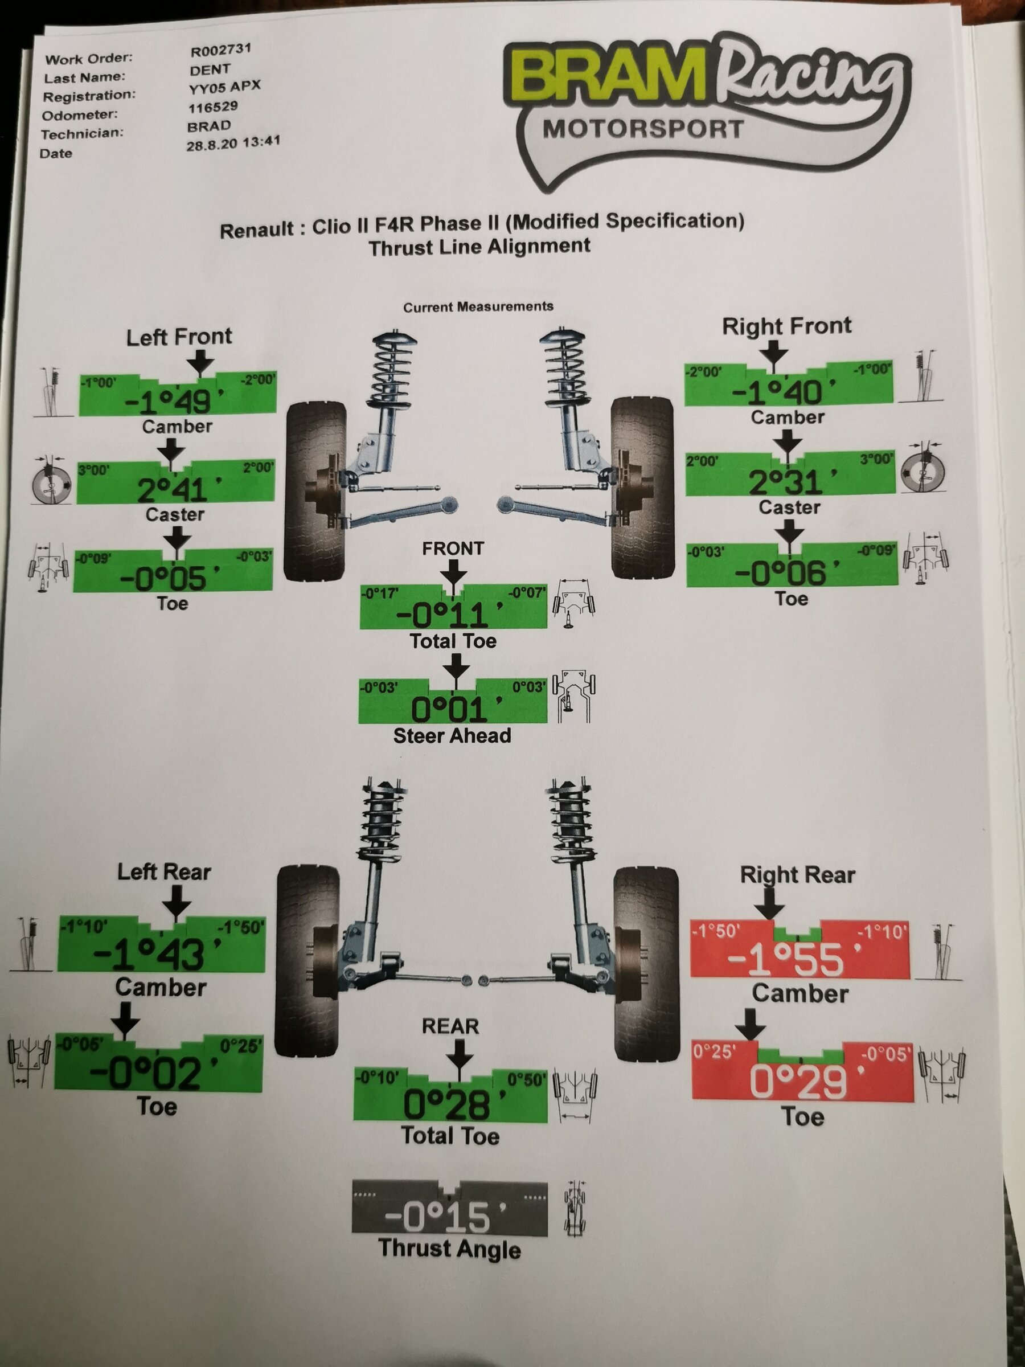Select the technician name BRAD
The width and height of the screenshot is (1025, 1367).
(x=209, y=126)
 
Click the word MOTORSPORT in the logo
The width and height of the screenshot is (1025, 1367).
(x=642, y=130)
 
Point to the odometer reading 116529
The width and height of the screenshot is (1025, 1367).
(x=212, y=108)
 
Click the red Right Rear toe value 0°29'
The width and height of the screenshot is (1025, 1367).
(x=798, y=1081)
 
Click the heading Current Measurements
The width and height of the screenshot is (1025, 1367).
(x=478, y=306)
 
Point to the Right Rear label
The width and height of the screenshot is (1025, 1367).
(x=797, y=874)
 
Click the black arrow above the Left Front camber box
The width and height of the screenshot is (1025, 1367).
(x=199, y=362)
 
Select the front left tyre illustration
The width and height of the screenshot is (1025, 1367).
(x=314, y=492)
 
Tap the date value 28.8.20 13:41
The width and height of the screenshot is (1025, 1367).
(x=233, y=144)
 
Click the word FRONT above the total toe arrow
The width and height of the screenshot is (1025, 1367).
(x=453, y=548)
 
